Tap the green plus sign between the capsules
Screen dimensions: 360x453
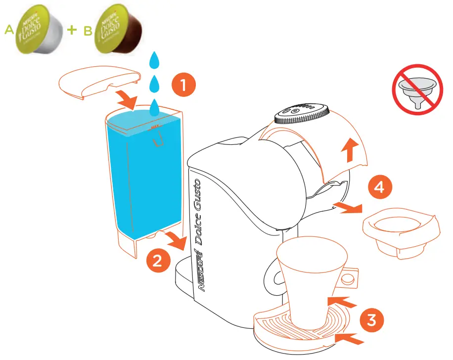point(73,30)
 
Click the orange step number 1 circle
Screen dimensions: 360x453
point(183,86)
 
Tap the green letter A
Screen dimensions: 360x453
point(8,31)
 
